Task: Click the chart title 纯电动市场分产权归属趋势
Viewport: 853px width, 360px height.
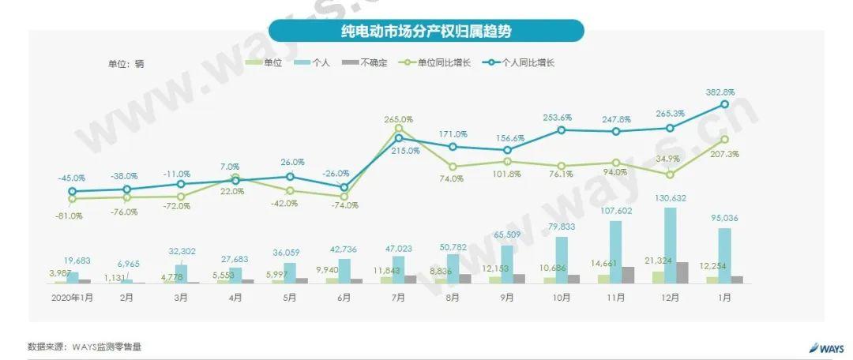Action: pos(426,31)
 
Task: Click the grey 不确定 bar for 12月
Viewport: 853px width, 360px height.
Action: pos(682,272)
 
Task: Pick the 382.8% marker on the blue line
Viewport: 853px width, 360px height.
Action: pos(724,104)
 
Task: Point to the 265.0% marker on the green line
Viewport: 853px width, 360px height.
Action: pos(398,128)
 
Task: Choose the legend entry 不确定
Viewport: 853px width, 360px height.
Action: pos(366,62)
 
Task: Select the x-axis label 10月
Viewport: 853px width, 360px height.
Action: pos(561,298)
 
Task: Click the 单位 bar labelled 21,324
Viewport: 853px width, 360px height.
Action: pos(658,277)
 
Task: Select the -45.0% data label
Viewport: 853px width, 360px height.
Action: pos(71,178)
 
